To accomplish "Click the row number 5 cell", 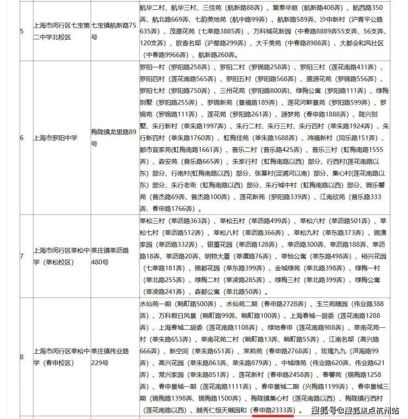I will (x=21, y=31).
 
